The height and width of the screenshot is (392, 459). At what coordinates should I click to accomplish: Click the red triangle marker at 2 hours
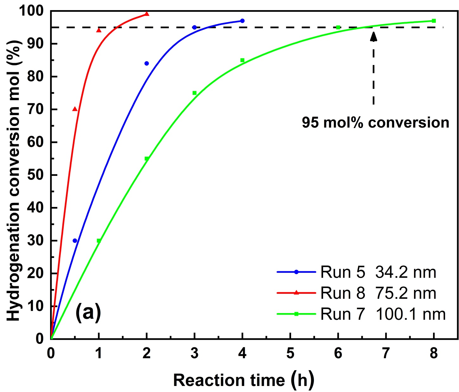pyautogui.click(x=147, y=14)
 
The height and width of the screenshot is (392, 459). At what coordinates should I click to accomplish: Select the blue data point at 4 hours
pyautogui.click(x=242, y=21)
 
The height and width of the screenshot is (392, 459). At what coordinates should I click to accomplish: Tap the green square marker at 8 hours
pyautogui.click(x=434, y=21)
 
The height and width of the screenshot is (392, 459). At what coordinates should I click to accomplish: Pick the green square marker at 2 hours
pyautogui.click(x=147, y=158)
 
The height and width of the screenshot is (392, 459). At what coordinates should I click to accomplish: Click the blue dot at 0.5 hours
pyautogui.click(x=75, y=241)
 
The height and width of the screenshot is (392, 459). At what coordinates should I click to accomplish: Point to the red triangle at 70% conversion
pyautogui.click(x=75, y=109)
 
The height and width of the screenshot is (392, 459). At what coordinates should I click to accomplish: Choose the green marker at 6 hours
pyautogui.click(x=338, y=28)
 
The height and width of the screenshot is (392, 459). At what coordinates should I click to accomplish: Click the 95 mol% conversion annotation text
pyautogui.click(x=375, y=123)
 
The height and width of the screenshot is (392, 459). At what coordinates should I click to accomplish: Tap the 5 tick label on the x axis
pyautogui.click(x=290, y=353)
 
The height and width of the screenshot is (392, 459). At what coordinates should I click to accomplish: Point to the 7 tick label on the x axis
pyautogui.click(x=386, y=353)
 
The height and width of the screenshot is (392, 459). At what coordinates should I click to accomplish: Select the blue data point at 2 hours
pyautogui.click(x=147, y=63)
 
